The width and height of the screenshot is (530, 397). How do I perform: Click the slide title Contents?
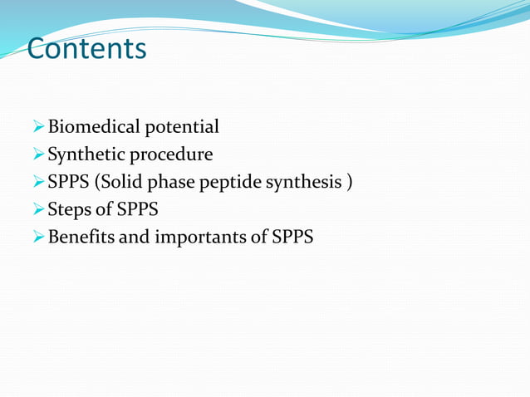click(x=86, y=49)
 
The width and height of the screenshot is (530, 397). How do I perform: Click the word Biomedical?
click(x=95, y=127)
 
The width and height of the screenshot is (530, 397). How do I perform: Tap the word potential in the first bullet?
click(x=182, y=127)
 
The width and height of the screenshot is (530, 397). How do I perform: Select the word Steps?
click(x=71, y=209)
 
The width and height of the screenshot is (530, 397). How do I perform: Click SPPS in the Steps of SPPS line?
click(x=134, y=209)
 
